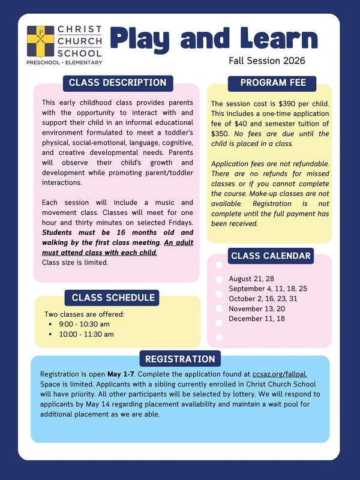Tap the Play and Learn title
pos(214,38)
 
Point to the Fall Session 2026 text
pos(267,61)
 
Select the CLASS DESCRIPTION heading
pos(118,82)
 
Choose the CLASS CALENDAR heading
pos(271,256)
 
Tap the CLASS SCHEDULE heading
pos(113,297)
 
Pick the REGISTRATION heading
pos(179,359)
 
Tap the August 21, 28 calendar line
pos(251,279)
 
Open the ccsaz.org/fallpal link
pos(284,374)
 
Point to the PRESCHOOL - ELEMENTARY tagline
pos(64,62)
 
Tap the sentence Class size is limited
pos(75,262)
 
